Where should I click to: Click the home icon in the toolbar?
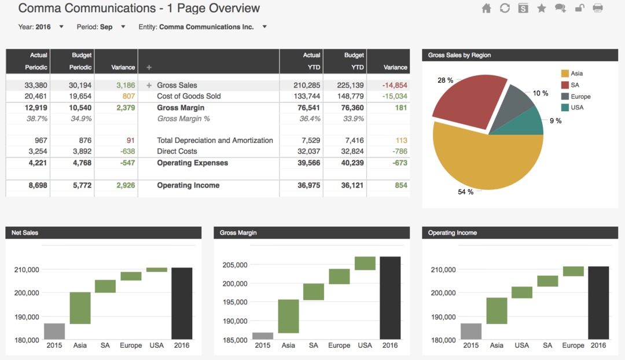tap(486, 8)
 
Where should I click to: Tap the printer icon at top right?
tap(598, 8)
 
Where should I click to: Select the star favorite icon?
tap(542, 8)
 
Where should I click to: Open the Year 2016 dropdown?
tap(61, 27)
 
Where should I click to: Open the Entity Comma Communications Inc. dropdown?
tap(264, 27)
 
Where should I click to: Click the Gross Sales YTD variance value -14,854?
tap(395, 85)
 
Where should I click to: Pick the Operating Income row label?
tap(188, 185)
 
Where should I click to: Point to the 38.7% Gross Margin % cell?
tap(37, 119)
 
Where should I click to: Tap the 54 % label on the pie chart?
tap(465, 192)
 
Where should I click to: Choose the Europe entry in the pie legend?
tap(580, 97)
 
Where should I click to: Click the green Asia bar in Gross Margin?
tap(288, 316)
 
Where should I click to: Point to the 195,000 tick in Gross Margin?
tap(234, 302)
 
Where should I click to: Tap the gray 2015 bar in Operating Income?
tap(470, 331)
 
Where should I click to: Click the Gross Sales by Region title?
tap(459, 55)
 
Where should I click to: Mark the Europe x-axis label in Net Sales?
tap(131, 346)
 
